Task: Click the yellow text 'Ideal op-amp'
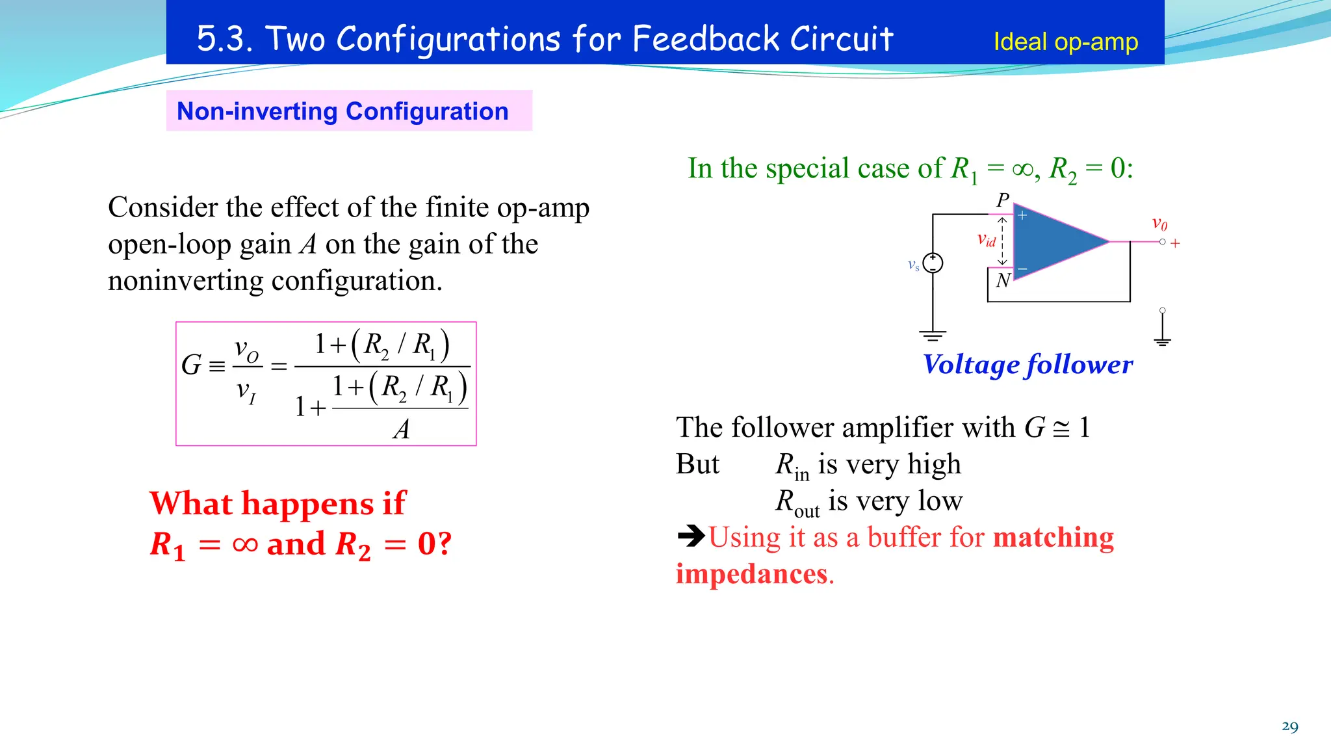(1065, 42)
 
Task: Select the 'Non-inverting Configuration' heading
(342, 111)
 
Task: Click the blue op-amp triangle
(1052, 241)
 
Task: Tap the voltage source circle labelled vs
(933, 263)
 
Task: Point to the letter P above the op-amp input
(1003, 200)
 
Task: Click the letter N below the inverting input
(1003, 280)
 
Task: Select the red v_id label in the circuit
(986, 240)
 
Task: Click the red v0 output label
(1159, 224)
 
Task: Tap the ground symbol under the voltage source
(933, 335)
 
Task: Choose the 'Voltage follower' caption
(1027, 365)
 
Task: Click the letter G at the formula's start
(191, 365)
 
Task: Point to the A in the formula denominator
(402, 429)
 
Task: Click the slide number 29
(1289, 726)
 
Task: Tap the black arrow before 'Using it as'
(691, 536)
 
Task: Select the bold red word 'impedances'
(751, 574)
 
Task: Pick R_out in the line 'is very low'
(797, 503)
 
